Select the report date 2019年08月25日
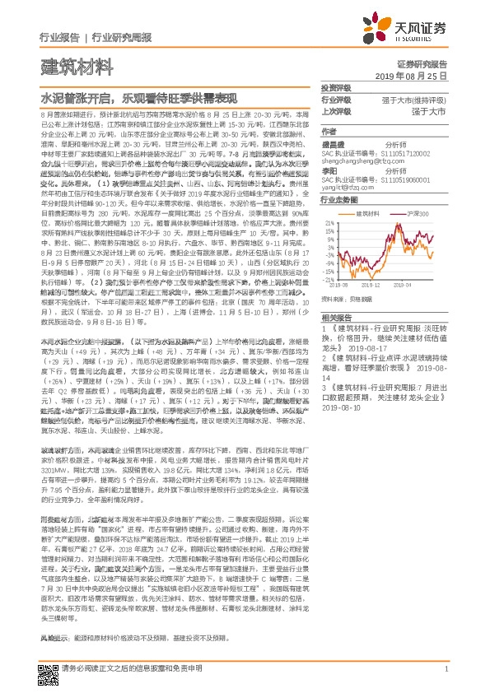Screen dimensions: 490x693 [x=416, y=74]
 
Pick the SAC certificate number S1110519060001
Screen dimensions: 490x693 [x=394, y=178]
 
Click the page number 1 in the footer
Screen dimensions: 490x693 [x=445, y=669]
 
